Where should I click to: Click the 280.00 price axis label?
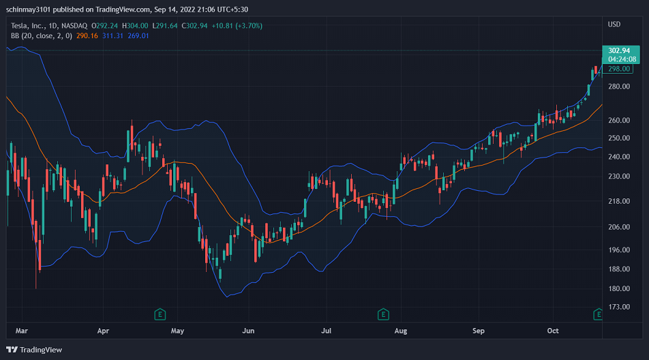[619, 87]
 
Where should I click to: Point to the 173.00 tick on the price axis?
[619, 307]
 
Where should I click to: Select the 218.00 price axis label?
[619, 201]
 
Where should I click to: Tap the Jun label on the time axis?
[248, 331]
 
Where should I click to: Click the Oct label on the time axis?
[553, 331]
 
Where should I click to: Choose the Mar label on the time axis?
[22, 331]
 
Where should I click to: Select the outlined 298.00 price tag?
[618, 69]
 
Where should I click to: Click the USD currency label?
[614, 25]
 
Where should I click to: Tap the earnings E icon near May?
[160, 315]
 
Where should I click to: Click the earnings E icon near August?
[383, 315]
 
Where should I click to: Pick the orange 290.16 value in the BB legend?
[87, 36]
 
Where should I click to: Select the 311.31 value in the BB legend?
[112, 36]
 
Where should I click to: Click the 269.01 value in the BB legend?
[138, 36]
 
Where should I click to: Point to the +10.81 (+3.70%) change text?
[237, 26]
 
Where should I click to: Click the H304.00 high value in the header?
[135, 26]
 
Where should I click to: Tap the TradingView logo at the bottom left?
[34, 350]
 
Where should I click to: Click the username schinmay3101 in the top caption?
[28, 10]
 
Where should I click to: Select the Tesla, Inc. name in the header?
[28, 26]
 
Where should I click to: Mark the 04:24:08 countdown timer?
[622, 59]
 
